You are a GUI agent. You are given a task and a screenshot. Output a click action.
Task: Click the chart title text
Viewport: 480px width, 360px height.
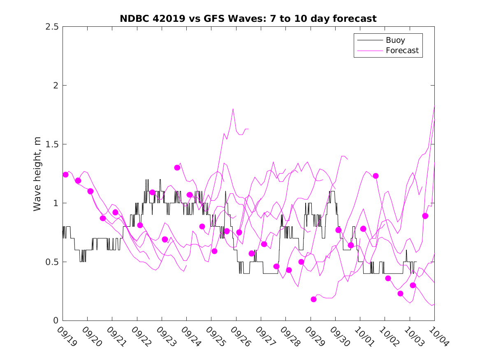click(248, 19)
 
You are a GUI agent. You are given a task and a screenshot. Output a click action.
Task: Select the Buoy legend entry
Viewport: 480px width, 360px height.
click(395, 40)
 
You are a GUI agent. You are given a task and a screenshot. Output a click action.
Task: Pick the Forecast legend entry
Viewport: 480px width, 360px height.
click(402, 51)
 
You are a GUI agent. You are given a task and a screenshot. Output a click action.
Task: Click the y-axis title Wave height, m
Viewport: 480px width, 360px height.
click(37, 174)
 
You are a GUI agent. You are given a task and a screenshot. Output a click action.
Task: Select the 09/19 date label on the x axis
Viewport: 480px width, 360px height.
click(66, 337)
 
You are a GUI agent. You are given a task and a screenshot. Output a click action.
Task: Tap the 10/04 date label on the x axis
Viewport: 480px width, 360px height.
click(438, 337)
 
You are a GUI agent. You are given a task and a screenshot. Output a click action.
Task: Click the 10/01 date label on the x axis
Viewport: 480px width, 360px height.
click(364, 337)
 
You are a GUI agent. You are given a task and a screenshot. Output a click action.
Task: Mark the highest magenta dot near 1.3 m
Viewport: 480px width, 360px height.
click(177, 167)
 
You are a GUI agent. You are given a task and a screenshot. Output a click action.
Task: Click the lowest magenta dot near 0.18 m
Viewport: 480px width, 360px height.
click(314, 299)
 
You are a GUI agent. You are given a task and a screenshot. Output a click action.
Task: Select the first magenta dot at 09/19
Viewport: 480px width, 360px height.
click(65, 174)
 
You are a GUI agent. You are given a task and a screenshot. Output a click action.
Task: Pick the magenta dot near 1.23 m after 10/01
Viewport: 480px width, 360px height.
click(376, 176)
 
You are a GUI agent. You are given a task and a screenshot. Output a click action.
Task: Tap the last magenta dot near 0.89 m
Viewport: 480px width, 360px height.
click(425, 216)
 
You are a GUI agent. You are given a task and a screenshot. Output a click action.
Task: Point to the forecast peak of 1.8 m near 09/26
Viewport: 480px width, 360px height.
click(233, 109)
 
